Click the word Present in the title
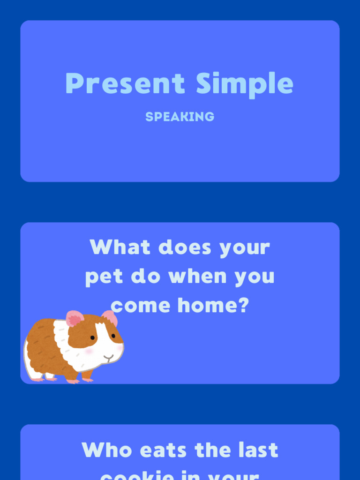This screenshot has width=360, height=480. coord(125,84)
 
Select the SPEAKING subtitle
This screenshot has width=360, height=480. coord(180,117)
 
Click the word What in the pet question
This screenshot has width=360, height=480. coord(120,247)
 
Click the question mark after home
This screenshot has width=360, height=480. coord(243,305)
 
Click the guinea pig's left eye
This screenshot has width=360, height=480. coord(93,337)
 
